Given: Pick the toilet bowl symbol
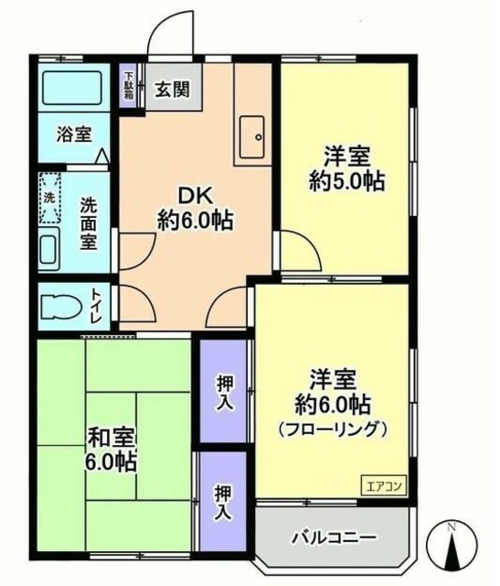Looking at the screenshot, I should coord(60,304).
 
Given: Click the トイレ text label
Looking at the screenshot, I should coord(97,306).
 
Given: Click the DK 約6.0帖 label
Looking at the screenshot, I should coord(195,207).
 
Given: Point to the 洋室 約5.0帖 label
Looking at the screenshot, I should coord(346,167).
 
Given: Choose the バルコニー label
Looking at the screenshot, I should coord(334,537).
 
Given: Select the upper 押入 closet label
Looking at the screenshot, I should coord(224,393).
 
